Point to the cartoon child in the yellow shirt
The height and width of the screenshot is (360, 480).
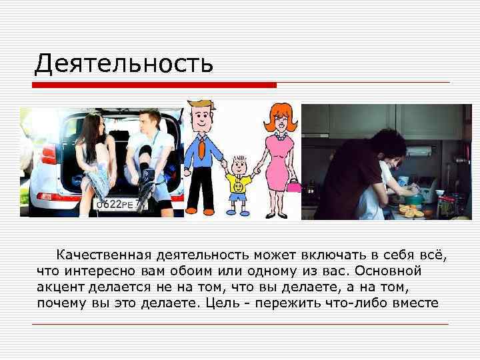coord(237,183)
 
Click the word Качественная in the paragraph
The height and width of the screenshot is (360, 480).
coord(105,255)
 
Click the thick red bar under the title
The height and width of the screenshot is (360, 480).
coord(155,85)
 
